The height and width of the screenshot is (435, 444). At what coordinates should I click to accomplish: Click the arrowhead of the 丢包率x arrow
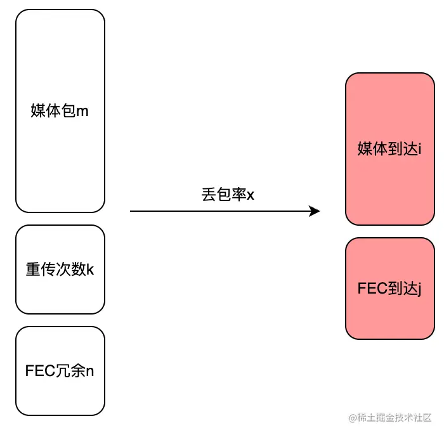tap(315, 211)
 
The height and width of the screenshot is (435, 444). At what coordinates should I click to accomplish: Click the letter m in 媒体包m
tap(82, 112)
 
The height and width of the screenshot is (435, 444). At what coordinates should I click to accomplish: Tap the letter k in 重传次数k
tap(90, 269)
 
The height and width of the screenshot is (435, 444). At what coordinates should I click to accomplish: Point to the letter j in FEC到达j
tap(419, 289)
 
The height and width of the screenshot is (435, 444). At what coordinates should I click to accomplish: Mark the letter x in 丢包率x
tap(250, 195)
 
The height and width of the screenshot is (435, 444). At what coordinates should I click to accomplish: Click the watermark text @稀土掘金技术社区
tap(389, 417)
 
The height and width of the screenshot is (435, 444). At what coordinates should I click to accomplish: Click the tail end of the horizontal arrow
tap(131, 211)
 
